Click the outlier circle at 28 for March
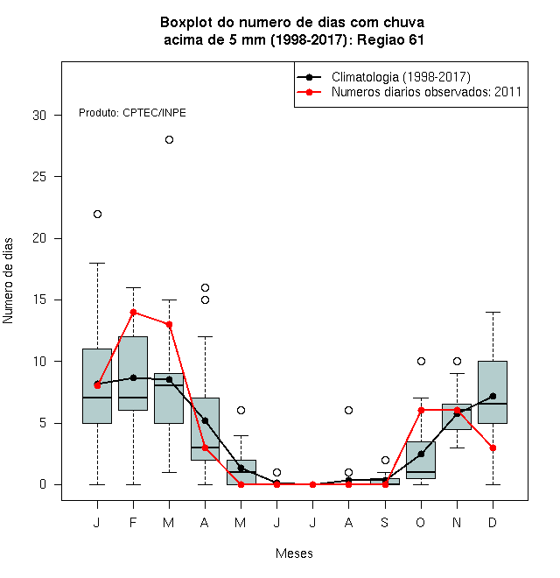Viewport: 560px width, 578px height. pyautogui.click(x=169, y=140)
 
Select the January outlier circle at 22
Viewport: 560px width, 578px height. pyautogui.click(x=97, y=215)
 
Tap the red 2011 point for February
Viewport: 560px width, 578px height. pyautogui.click(x=133, y=313)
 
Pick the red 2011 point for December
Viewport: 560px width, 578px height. pyautogui.click(x=493, y=448)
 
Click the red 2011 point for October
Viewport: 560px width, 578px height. pyautogui.click(x=421, y=410)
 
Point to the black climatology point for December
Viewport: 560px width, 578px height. pyautogui.click(x=493, y=396)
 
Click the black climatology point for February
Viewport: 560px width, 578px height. pyautogui.click(x=133, y=377)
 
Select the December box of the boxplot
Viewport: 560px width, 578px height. pyautogui.click(x=493, y=392)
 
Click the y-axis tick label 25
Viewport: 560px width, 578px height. pyautogui.click(x=39, y=177)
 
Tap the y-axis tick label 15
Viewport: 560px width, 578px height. pyautogui.click(x=39, y=300)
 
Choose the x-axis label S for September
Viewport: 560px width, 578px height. pyautogui.click(x=385, y=523)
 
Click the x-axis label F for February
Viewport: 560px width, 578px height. pyautogui.click(x=133, y=523)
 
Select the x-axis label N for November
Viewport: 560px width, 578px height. pyautogui.click(x=457, y=523)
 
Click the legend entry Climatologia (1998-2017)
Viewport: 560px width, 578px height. pyautogui.click(x=401, y=77)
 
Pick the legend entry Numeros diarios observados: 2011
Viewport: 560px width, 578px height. pyautogui.click(x=426, y=92)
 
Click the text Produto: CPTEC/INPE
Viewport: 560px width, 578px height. pyautogui.click(x=132, y=113)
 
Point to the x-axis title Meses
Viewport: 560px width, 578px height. pyautogui.click(x=294, y=553)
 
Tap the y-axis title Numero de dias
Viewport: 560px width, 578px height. pyautogui.click(x=8, y=281)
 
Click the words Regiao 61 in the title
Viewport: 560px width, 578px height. pyautogui.click(x=390, y=39)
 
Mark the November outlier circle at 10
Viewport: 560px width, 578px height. pyautogui.click(x=457, y=361)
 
